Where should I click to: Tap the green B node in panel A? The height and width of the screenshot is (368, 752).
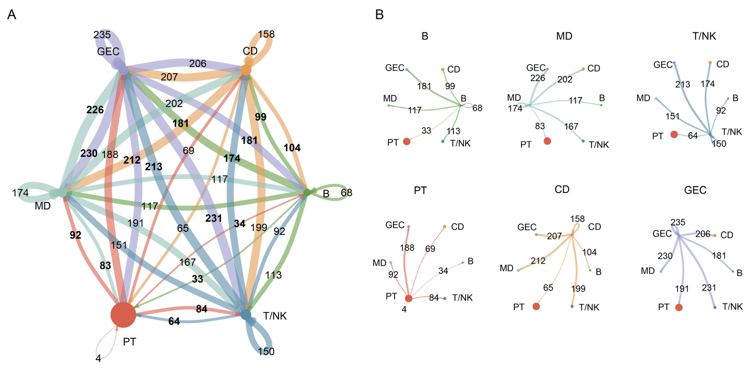pyautogui.click(x=307, y=192)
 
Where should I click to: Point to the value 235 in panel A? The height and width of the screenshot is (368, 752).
pyautogui.click(x=102, y=35)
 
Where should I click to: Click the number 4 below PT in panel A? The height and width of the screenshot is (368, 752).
pyautogui.click(x=98, y=358)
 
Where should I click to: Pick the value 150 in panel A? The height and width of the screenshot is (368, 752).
pyautogui.click(x=266, y=351)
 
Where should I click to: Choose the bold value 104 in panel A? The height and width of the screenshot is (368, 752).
pyautogui.click(x=292, y=148)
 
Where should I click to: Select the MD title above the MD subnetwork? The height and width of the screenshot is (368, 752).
pyautogui.click(x=564, y=36)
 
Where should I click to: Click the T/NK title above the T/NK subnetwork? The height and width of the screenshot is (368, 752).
pyautogui.click(x=704, y=36)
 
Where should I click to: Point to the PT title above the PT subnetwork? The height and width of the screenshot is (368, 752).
pyautogui.click(x=420, y=190)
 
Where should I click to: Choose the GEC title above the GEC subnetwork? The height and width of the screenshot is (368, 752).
pyautogui.click(x=695, y=190)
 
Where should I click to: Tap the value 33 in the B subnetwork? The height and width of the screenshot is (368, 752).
pyautogui.click(x=426, y=131)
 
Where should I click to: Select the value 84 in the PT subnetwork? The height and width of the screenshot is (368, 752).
pyautogui.click(x=434, y=298)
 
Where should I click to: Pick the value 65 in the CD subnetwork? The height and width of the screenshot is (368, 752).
pyautogui.click(x=548, y=288)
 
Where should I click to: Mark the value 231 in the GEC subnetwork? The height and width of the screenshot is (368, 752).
pyautogui.click(x=709, y=288)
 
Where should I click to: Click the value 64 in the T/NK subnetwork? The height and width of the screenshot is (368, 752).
pyautogui.click(x=693, y=135)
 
